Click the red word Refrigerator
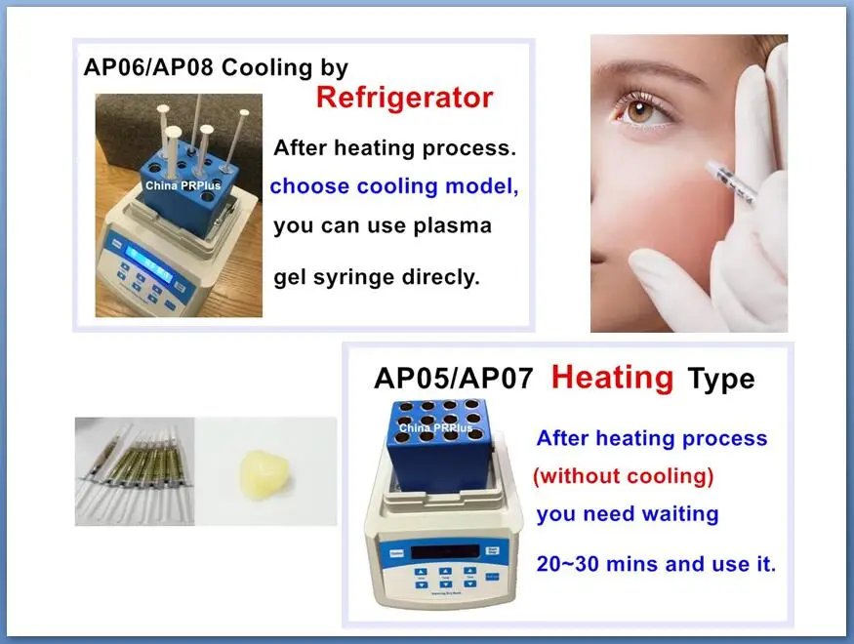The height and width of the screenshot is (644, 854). (x=403, y=99)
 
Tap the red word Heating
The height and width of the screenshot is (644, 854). (x=611, y=377)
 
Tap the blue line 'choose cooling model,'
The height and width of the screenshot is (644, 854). (x=394, y=186)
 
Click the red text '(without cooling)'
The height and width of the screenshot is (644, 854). (x=623, y=476)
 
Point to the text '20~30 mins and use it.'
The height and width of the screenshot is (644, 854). (x=656, y=564)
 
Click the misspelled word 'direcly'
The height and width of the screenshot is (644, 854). (x=441, y=277)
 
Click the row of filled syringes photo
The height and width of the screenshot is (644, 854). (x=134, y=470)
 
